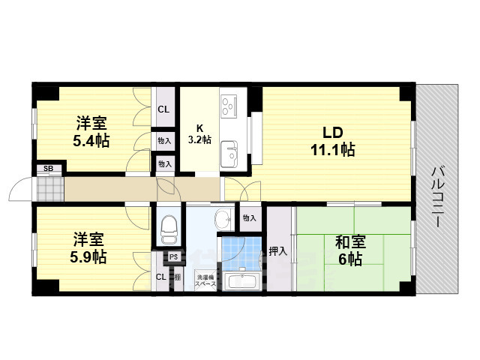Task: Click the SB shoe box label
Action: (x=48, y=169)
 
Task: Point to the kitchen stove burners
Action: (x=229, y=106)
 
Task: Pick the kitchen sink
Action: (x=229, y=156)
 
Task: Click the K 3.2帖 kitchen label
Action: (x=199, y=133)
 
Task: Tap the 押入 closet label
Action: (x=278, y=251)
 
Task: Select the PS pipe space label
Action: (x=173, y=257)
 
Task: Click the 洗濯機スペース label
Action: (x=205, y=280)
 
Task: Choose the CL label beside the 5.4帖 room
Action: (x=163, y=110)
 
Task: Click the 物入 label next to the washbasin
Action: (x=249, y=217)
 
